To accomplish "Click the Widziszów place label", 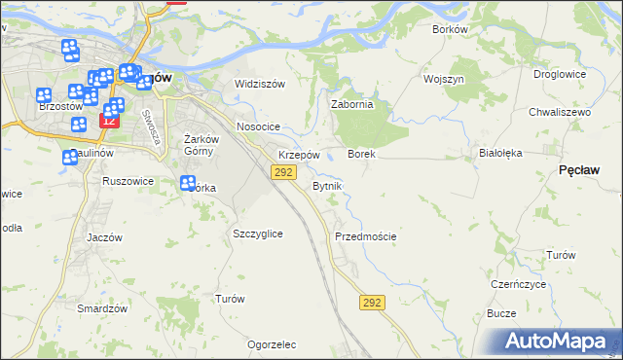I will pyautogui.click(x=259, y=84).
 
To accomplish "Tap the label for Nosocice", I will pyautogui.click(x=258, y=127).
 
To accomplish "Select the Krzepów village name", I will pyautogui.click(x=299, y=155).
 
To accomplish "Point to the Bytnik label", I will pyautogui.click(x=326, y=185).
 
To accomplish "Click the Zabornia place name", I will pyautogui.click(x=352, y=105).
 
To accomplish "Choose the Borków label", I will pyautogui.click(x=450, y=29).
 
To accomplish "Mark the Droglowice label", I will pyautogui.click(x=559, y=74).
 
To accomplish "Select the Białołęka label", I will pyautogui.click(x=501, y=153).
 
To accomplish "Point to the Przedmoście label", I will pyautogui.click(x=365, y=236).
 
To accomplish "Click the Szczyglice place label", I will pyautogui.click(x=258, y=234).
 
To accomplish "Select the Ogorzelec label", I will pyautogui.click(x=272, y=344).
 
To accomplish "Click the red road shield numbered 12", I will pyautogui.click(x=108, y=121).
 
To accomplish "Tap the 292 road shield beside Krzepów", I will pyautogui.click(x=283, y=172).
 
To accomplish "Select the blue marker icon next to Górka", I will pyautogui.click(x=188, y=181).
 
